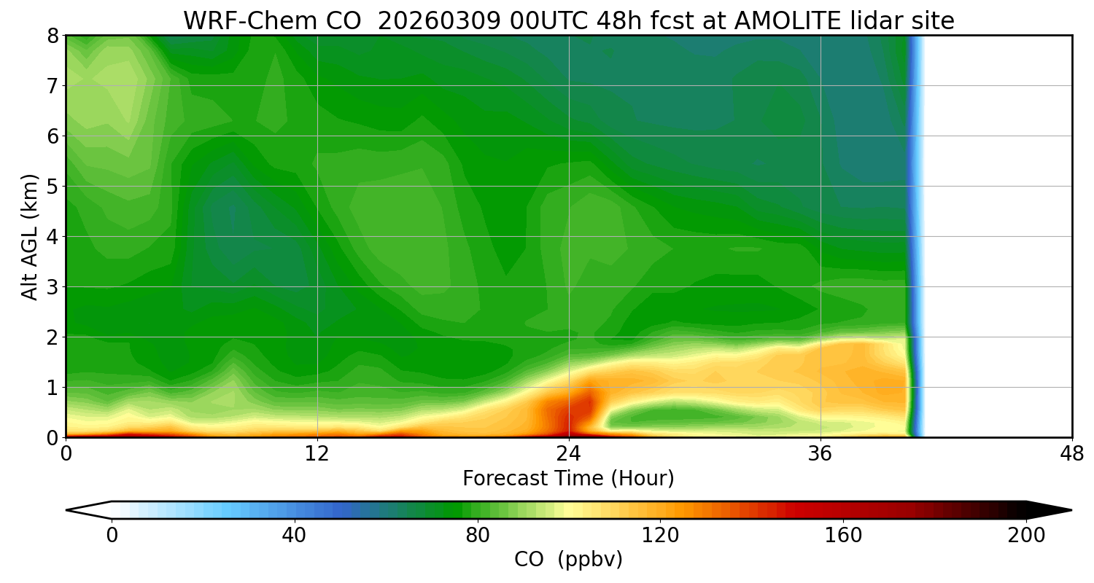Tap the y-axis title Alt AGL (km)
point(30,236)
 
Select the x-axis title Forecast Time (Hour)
point(568,479)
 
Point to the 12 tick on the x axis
point(317,454)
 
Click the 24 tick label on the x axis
point(568,454)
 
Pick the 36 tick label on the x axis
point(820,454)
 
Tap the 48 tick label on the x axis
point(1071,454)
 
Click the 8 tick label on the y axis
point(53,36)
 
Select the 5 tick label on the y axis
point(53,187)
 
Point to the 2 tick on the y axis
point(53,337)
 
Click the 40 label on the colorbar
point(294,536)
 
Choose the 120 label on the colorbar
point(660,536)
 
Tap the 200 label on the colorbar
point(1026,536)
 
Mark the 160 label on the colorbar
point(843,536)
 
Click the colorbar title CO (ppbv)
point(568,560)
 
